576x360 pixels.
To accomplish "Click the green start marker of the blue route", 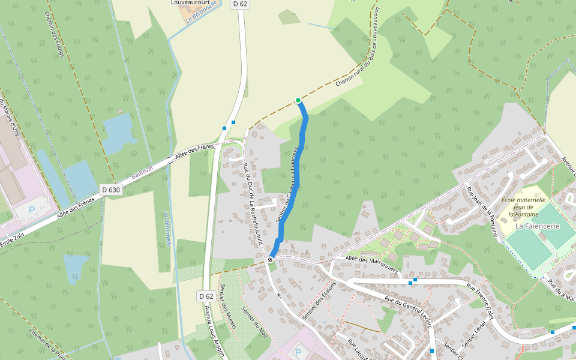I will [x=298, y=100].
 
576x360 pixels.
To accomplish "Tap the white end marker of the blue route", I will [x=271, y=260].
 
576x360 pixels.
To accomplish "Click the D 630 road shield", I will [x=111, y=190].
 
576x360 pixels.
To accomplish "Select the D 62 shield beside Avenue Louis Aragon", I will [x=206, y=296].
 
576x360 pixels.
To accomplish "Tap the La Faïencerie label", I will [x=538, y=226].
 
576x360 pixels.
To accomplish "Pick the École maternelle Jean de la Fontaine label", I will [x=523, y=206].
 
